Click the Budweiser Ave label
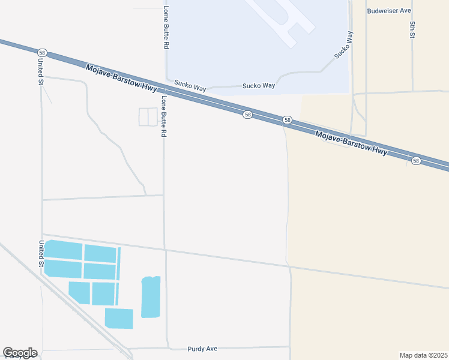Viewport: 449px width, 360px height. (x=389, y=11)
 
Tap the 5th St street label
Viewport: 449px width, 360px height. (x=412, y=30)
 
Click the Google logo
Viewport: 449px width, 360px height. (x=20, y=353)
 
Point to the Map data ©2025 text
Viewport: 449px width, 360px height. (x=424, y=355)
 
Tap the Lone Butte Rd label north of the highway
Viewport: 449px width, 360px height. (x=166, y=28)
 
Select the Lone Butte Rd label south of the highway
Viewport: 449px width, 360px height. (x=163, y=116)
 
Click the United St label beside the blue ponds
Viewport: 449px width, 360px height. (x=41, y=254)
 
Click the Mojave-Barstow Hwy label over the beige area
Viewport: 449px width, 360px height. (x=351, y=144)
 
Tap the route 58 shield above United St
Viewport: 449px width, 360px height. (x=41, y=53)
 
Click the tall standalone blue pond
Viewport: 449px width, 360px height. (x=151, y=296)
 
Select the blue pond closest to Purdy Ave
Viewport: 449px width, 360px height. (x=119, y=318)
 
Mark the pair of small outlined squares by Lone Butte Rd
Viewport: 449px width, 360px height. (x=148, y=117)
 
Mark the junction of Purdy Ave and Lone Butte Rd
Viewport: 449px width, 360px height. (x=166, y=348)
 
